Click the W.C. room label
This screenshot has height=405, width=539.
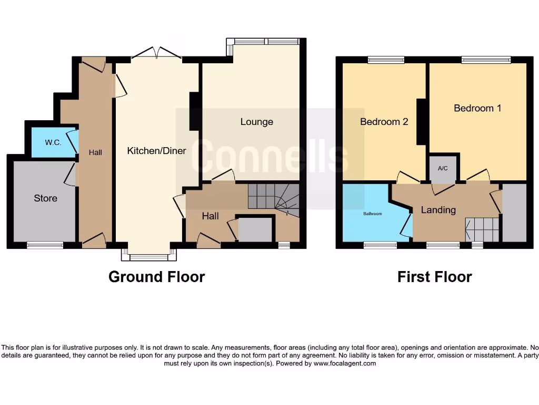coord(53,142)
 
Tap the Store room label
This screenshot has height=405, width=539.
coord(45,198)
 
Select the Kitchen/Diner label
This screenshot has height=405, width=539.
coord(156,151)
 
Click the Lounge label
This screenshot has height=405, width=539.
coord(256,122)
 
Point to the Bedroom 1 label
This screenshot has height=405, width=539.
coord(477,108)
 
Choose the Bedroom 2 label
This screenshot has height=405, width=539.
coord(384,122)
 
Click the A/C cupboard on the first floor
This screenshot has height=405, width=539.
coord(443,168)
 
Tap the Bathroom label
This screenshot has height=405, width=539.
coord(372,214)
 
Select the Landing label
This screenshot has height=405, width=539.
coord(438,210)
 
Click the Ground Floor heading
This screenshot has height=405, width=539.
coord(156,276)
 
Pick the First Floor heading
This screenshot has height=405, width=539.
coord(434,276)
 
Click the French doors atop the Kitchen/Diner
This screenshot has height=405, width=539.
coord(156,53)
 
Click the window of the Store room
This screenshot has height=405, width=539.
coord(45,245)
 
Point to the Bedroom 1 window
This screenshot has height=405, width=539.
coord(486,60)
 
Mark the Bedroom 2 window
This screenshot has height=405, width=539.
coord(386,60)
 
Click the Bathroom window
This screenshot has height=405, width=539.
coord(380,245)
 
